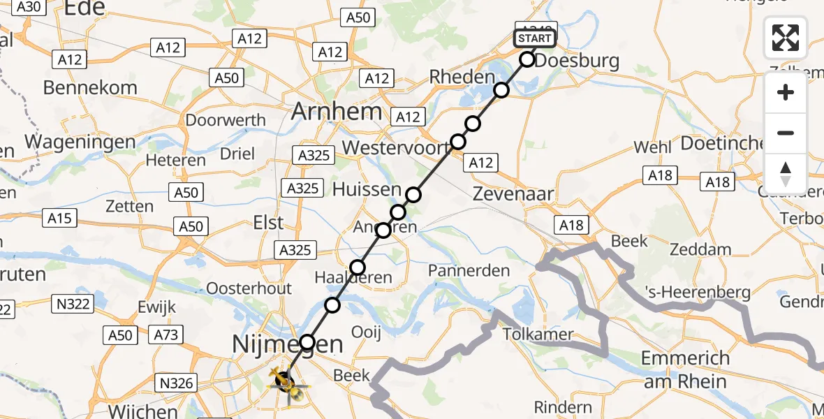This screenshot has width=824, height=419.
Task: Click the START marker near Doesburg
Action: coord(535,38)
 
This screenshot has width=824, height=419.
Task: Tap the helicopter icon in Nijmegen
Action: coord(285,381)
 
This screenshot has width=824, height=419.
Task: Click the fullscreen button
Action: coord(786,38)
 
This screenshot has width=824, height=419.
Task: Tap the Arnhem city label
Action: coord(337,111)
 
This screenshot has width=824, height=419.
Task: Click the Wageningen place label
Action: coord(80,141)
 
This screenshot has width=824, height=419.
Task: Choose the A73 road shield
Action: coord(166,335)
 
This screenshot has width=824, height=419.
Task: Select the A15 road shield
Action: coord(59,219)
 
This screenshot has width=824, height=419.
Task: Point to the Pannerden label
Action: coord(469,270)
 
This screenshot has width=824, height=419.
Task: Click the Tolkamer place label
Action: coord(538,335)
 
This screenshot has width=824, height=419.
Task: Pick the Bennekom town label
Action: coord(90,88)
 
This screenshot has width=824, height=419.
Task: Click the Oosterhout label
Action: coord(249,288)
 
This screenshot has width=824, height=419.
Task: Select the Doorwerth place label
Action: coord(225,120)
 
